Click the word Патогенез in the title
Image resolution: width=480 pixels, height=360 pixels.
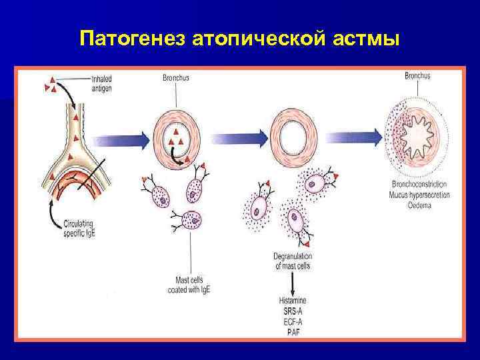click(x=131, y=39)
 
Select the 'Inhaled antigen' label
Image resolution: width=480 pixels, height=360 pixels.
click(x=107, y=83)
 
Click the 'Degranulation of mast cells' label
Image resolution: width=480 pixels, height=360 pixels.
click(x=293, y=261)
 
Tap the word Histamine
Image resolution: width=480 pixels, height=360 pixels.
click(x=294, y=301)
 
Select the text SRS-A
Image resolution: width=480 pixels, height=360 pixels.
click(x=294, y=311)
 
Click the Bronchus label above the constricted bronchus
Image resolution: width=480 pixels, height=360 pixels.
click(x=417, y=75)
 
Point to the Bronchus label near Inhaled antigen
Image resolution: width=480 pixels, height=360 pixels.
click(x=176, y=78)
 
